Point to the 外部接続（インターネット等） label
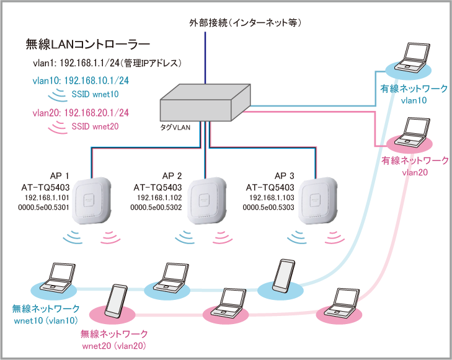point(246,24)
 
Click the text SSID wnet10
point(94,94)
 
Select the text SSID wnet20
point(94,126)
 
